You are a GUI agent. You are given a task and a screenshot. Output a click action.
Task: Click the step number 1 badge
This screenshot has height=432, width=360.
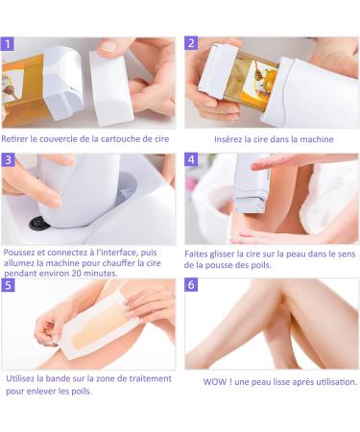pyautogui.click(x=8, y=44)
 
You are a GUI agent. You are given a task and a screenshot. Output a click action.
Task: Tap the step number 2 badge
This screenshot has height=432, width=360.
pyautogui.click(x=191, y=43)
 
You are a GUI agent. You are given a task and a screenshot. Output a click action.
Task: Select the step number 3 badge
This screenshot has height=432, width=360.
pyautogui.click(x=8, y=160)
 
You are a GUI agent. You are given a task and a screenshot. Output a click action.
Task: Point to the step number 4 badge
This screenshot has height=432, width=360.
pyautogui.click(x=191, y=159)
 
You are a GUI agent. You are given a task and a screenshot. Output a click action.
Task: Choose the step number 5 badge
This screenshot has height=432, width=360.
pyautogui.click(x=8, y=285)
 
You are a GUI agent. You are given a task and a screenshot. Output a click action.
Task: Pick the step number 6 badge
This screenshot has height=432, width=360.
pyautogui.click(x=191, y=284)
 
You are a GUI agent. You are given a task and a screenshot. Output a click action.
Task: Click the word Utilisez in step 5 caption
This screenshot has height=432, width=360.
pyautogui.click(x=20, y=378)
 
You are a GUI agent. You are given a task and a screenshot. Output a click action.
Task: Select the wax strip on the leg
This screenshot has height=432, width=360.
pyautogui.click(x=97, y=324)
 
